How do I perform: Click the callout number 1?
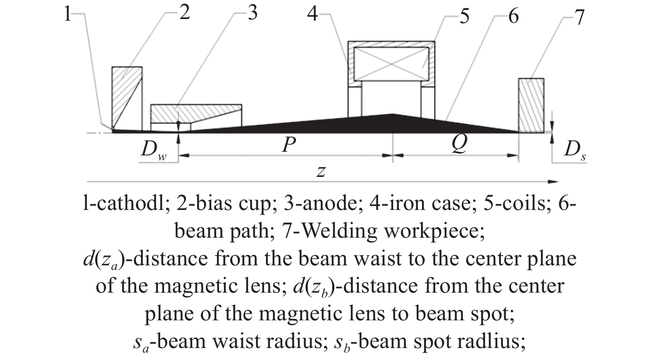tap(67, 15)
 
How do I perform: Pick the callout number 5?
tap(465, 17)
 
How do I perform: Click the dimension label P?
tap(289, 145)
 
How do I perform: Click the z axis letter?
tap(321, 171)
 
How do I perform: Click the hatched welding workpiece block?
tap(531, 105)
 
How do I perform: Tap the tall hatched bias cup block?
tap(127, 98)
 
